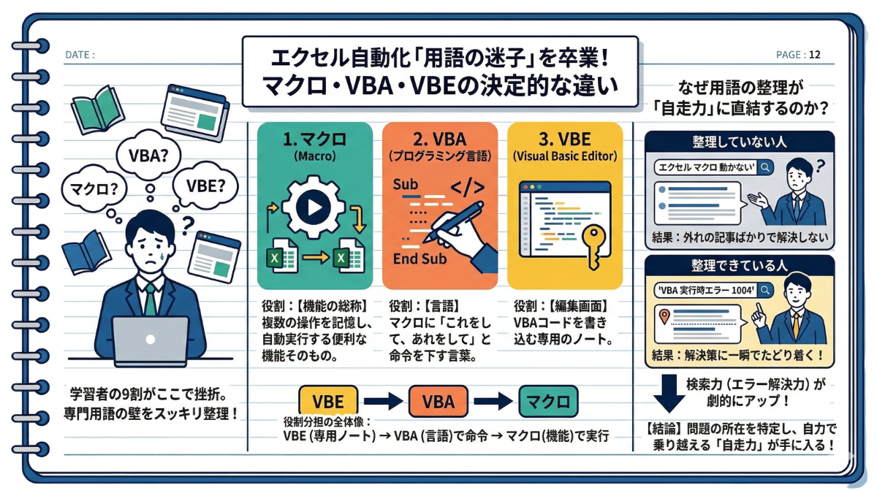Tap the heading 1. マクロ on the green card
click(314, 139)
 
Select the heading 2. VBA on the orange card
click(439, 139)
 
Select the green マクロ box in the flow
click(547, 400)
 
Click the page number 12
click(815, 54)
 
